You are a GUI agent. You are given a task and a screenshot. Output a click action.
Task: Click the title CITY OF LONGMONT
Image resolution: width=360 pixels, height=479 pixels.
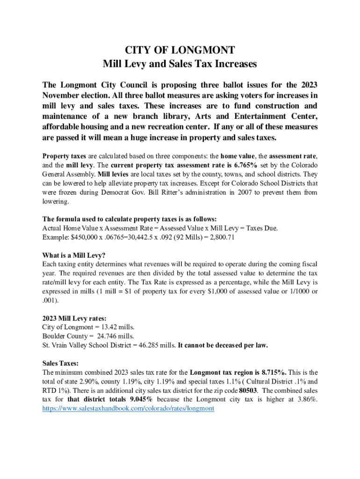pyautogui.click(x=180, y=50)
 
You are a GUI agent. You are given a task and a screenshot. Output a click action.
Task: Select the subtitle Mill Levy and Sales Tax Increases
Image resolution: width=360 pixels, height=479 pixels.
pyautogui.click(x=180, y=63)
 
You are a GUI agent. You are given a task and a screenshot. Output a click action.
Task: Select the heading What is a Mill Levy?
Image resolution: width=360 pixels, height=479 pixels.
pyautogui.click(x=74, y=255)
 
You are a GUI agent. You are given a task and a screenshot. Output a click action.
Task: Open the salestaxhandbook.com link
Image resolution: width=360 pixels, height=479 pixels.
pyautogui.click(x=128, y=408)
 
